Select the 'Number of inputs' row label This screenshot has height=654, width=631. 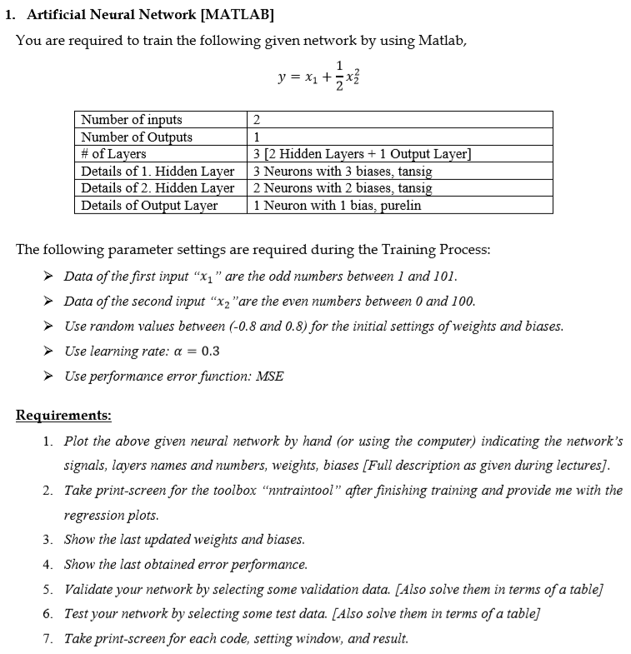tap(132, 119)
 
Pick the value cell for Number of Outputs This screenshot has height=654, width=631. tap(257, 137)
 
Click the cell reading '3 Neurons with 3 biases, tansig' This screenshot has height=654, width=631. tap(343, 171)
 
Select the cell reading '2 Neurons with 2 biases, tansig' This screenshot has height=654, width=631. tap(343, 187)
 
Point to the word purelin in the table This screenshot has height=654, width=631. tap(401, 205)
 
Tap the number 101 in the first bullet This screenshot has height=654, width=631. tap(443, 276)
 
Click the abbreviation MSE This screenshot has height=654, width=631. tap(269, 376)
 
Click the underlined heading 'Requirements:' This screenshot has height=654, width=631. tap(63, 415)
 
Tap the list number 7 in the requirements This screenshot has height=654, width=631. tap(48, 639)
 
